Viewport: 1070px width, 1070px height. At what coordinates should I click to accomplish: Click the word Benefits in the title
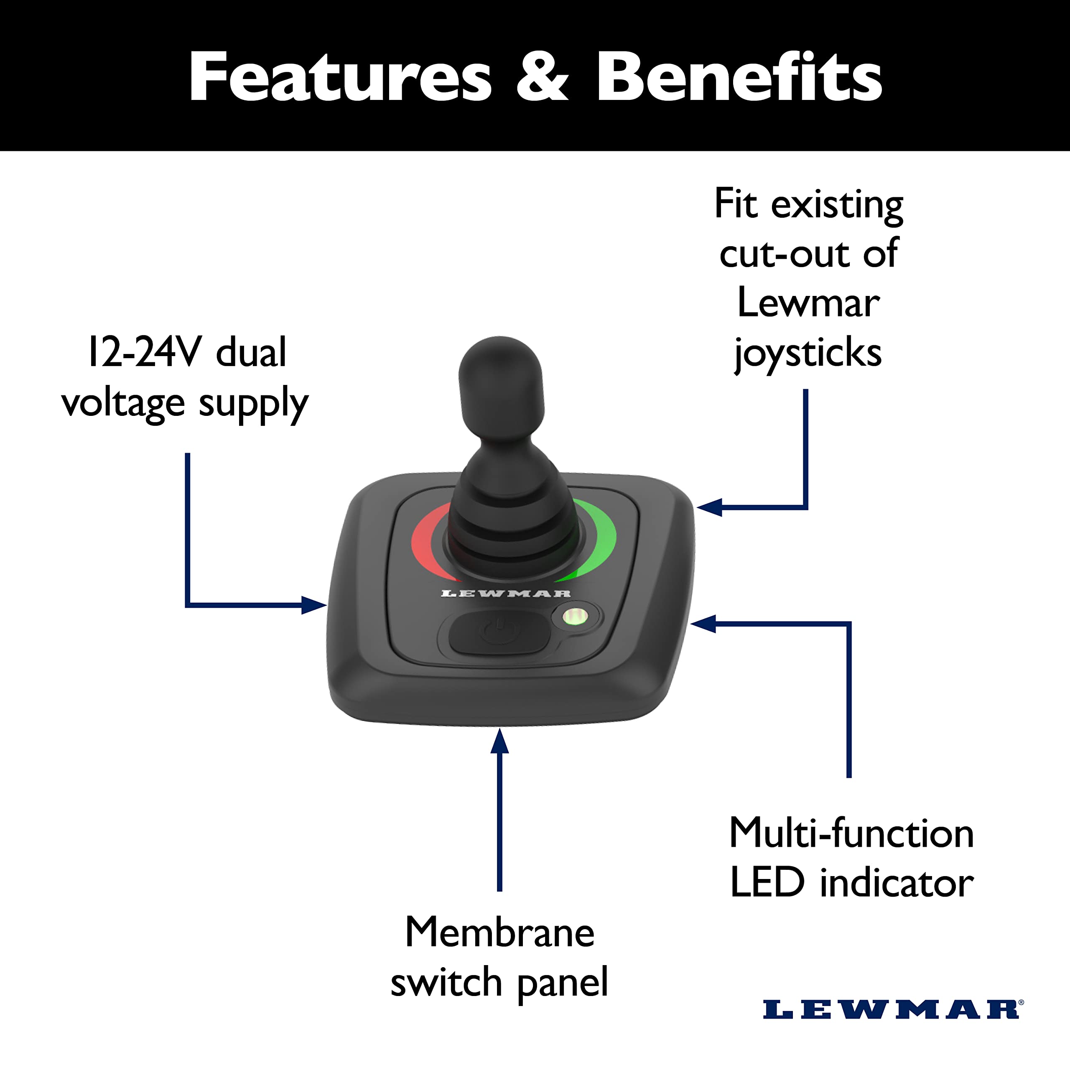click(739, 78)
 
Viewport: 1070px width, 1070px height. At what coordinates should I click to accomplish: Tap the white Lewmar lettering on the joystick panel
click(505, 594)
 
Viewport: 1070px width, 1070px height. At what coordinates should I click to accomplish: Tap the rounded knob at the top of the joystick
click(501, 377)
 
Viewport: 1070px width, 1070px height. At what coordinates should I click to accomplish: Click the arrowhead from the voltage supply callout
click(316, 605)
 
